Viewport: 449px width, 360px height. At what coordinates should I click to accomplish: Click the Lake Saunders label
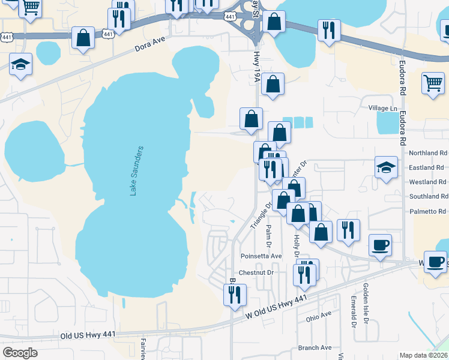[x=137, y=170]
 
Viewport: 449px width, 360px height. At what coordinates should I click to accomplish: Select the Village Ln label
[x=382, y=108]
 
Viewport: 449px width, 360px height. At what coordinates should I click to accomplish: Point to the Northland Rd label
[x=427, y=153]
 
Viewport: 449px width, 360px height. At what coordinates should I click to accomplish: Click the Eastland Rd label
[x=427, y=167]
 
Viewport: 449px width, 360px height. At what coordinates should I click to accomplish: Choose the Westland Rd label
[x=427, y=182]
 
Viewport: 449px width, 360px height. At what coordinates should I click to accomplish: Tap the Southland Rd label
[x=428, y=196]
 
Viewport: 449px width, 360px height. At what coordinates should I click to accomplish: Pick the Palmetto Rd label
[x=428, y=211]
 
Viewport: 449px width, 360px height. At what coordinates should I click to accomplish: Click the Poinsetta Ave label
[x=260, y=256]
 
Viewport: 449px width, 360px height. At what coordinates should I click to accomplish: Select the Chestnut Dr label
[x=256, y=272]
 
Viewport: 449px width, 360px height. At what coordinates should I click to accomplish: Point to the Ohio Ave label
[x=319, y=314]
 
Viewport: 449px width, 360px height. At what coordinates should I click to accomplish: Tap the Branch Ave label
[x=315, y=347]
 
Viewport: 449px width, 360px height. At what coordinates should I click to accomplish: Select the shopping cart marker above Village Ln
[x=433, y=83]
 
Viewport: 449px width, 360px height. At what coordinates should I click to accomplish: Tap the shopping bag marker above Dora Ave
[x=83, y=37]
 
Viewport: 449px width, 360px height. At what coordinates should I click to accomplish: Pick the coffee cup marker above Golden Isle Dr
[x=380, y=245]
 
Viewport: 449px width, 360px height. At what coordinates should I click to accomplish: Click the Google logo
[x=20, y=353]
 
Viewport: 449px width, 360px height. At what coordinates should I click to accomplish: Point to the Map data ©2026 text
[x=423, y=355]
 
